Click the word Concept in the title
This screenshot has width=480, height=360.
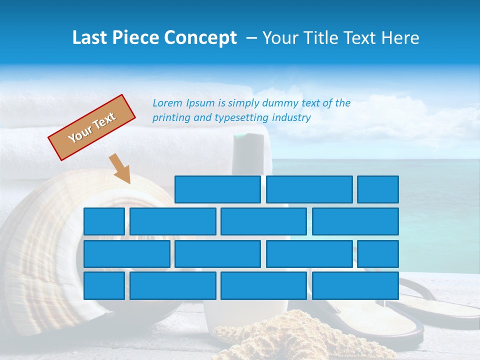click(x=200, y=38)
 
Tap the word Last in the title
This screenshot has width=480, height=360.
click(x=90, y=38)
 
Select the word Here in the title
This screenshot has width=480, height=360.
click(x=400, y=38)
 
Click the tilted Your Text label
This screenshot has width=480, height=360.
click(x=92, y=127)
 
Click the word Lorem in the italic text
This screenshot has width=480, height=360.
click(x=167, y=103)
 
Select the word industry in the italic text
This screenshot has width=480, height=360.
click(x=291, y=118)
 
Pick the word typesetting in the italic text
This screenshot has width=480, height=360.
click(x=241, y=118)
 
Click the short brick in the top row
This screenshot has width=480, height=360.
click(x=378, y=189)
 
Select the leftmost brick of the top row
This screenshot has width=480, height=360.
click(x=217, y=189)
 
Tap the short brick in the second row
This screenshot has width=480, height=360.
click(x=104, y=221)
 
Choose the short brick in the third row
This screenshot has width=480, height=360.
click(x=378, y=254)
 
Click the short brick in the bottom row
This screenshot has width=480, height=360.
click(x=104, y=286)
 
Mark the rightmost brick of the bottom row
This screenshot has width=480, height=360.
click(x=355, y=286)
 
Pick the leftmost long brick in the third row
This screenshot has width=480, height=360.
click(x=126, y=254)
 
